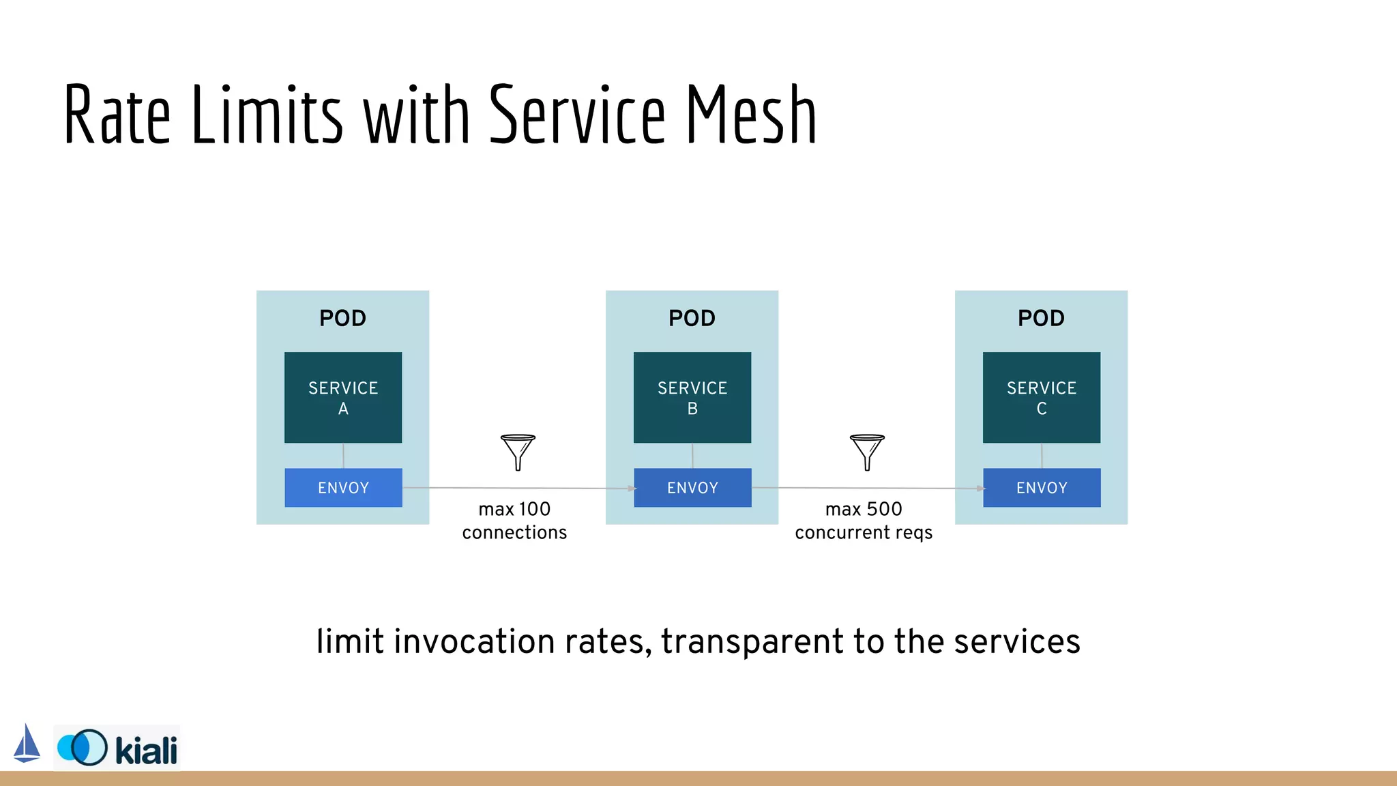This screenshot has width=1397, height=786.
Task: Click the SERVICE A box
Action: pyautogui.click(x=343, y=397)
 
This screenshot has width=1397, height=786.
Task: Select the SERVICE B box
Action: pyautogui.click(x=692, y=397)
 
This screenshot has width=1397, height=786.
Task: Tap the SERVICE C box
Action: pyautogui.click(x=1042, y=397)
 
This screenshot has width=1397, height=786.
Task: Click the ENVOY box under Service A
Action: pyautogui.click(x=343, y=488)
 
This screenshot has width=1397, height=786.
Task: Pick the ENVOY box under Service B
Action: pyautogui.click(x=692, y=488)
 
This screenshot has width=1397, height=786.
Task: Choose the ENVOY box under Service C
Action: pyautogui.click(x=1042, y=488)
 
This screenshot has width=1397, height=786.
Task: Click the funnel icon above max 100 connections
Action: pyautogui.click(x=518, y=452)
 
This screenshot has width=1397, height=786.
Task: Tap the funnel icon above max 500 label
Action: pyautogui.click(x=867, y=452)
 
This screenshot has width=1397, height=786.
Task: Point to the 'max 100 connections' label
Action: pyautogui.click(x=514, y=521)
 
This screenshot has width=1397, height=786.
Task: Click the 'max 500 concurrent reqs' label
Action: pyautogui.click(x=864, y=521)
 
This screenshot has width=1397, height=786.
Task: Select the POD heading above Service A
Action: pyautogui.click(x=343, y=318)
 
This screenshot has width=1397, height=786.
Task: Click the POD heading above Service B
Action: pyautogui.click(x=692, y=318)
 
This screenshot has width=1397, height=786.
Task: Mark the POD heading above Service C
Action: pyautogui.click(x=1042, y=318)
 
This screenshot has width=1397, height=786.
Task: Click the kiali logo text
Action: pyautogui.click(x=146, y=750)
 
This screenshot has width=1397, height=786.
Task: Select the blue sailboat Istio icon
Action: pyautogui.click(x=27, y=744)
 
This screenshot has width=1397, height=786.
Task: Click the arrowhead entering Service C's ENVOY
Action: pyautogui.click(x=980, y=489)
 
